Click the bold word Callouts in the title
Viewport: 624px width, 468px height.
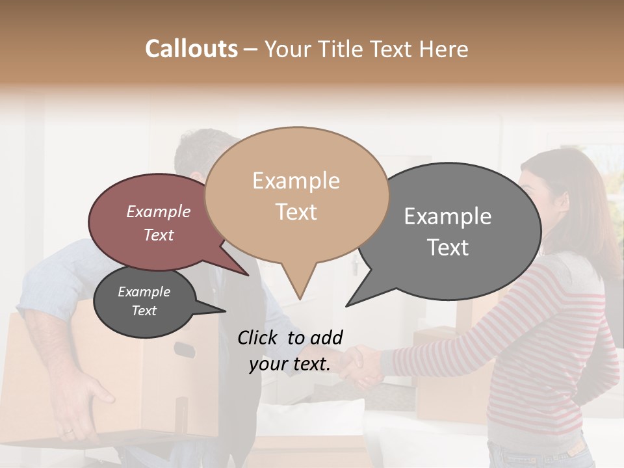[191, 49]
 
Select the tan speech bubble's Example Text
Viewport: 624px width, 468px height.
[296, 196]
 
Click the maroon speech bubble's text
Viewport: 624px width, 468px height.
[159, 223]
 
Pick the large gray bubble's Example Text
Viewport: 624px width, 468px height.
[448, 231]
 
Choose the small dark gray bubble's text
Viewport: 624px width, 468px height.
[144, 301]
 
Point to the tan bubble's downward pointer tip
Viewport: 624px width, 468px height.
[299, 299]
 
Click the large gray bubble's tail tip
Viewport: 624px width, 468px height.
[346, 305]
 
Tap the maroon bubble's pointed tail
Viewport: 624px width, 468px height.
[248, 274]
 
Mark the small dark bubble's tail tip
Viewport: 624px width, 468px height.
[225, 311]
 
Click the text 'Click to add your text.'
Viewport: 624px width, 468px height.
[290, 350]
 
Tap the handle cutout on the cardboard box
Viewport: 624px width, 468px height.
[184, 349]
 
